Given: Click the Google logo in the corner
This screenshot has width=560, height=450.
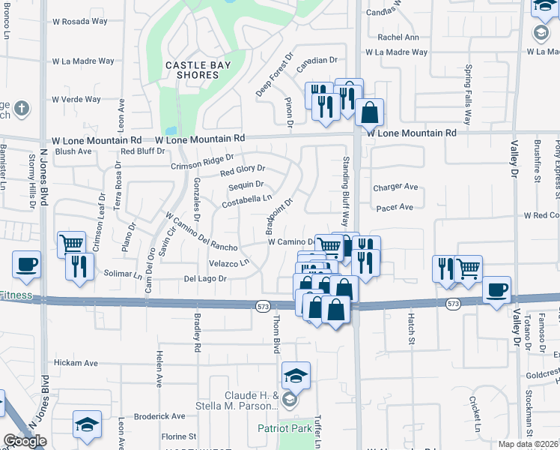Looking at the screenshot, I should pos(24,441).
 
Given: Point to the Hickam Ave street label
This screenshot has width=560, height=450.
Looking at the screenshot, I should pos(75,363).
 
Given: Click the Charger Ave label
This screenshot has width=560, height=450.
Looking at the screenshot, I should pos(396,187).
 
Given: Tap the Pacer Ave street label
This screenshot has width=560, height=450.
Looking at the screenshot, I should pos(395,207).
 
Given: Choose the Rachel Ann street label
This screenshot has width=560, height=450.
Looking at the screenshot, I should pos(398,37).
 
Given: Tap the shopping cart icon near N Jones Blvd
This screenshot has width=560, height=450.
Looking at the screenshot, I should pos(71,244).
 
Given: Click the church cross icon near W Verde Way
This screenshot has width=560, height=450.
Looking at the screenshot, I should pos(21,107).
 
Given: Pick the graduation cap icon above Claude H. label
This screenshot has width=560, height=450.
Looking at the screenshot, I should pos(296,375).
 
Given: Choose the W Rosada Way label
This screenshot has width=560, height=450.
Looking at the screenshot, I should pos(79,21).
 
